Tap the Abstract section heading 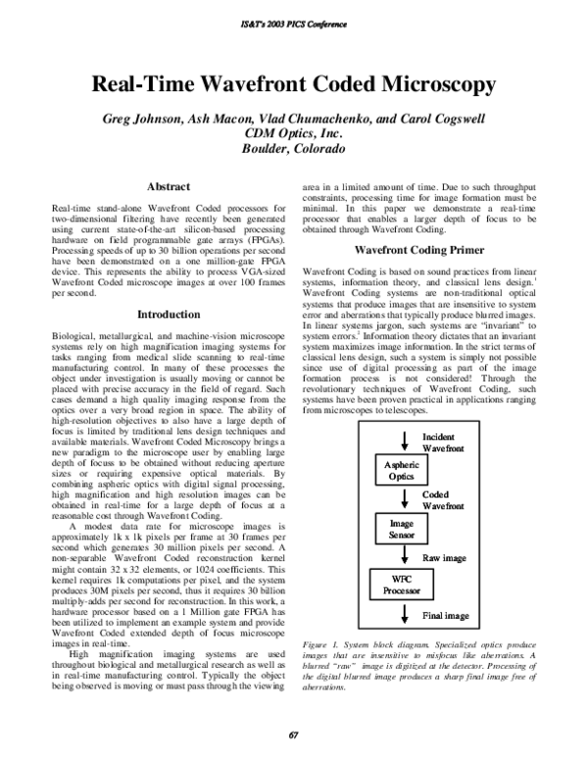tap(168, 186)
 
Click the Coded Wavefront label tap(440, 502)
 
